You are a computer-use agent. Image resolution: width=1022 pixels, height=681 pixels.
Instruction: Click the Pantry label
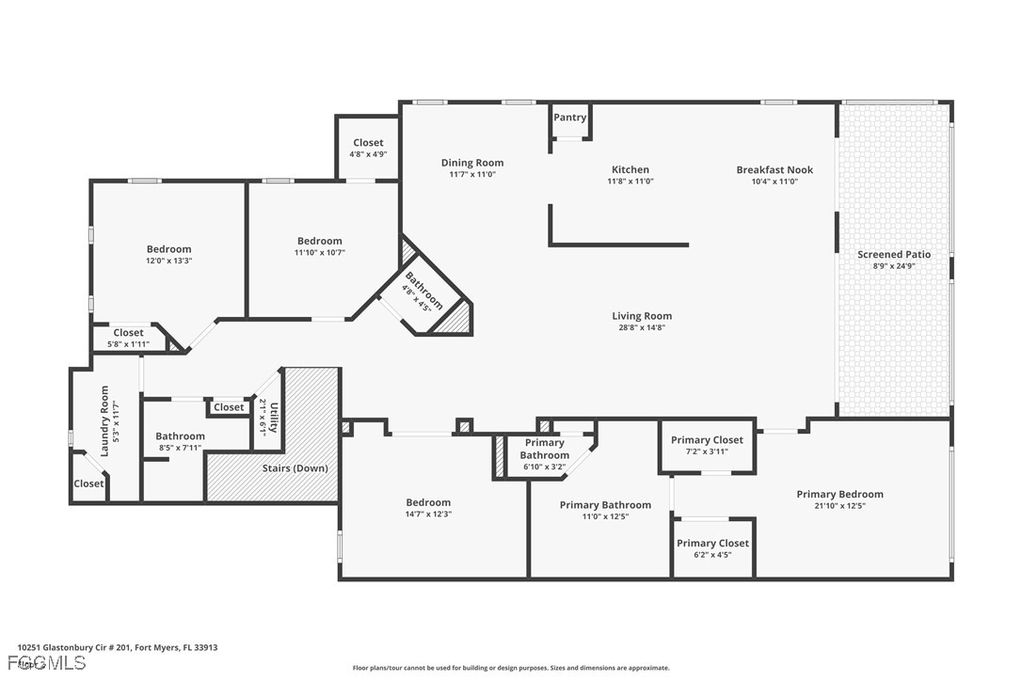[570, 118]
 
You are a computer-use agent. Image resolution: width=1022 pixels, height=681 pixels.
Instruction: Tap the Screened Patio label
[893, 255]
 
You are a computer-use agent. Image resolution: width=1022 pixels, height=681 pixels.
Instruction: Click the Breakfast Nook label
[774, 170]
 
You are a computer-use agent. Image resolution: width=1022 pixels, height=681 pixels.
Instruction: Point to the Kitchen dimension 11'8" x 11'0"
[630, 182]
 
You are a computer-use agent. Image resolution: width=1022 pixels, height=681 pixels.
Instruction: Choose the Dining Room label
[472, 163]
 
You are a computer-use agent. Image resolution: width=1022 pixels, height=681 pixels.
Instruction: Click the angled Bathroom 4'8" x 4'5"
[421, 292]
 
